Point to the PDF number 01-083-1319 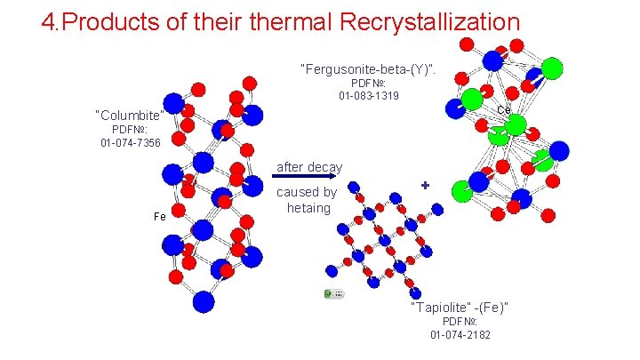(369, 95)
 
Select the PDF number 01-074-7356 (130, 142)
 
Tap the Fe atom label (160, 217)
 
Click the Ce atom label (503, 110)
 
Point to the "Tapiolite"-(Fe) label (460, 308)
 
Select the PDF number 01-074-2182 (460, 334)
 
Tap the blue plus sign (426, 185)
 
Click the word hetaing (308, 208)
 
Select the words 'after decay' (309, 167)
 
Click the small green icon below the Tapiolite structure (333, 292)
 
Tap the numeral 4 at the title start (48, 21)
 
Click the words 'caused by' (307, 192)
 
